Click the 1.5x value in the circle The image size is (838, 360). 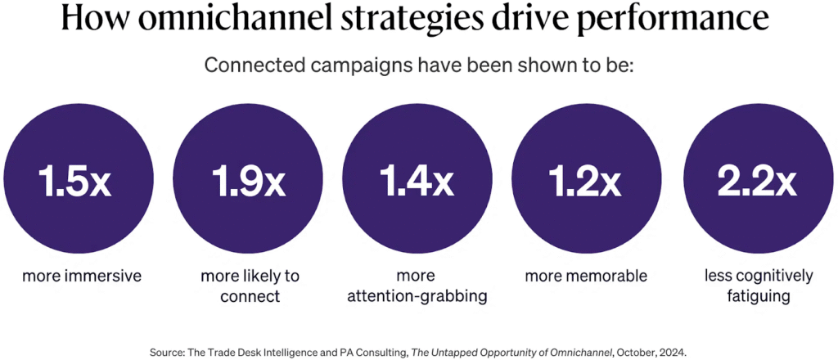coord(75,183)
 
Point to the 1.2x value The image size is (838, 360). coord(586,183)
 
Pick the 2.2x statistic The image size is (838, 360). coord(757,183)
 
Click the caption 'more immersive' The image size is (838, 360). coord(82,276)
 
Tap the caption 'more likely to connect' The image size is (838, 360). coord(250,286)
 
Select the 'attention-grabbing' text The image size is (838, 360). coord(418,295)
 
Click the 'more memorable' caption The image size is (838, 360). coord(586,276)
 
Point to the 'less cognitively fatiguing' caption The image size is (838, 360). coord(759,286)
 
